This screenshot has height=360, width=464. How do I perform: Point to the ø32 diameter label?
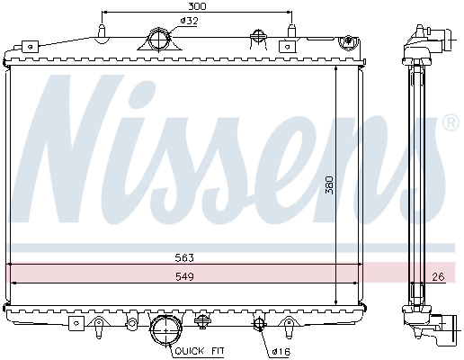190,20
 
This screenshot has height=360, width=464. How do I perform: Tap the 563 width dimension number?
185,256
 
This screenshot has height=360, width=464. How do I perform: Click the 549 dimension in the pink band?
185,276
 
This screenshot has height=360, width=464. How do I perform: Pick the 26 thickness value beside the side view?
439,276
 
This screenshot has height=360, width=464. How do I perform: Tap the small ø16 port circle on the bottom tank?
259,324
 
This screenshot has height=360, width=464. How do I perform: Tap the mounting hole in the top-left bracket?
30,45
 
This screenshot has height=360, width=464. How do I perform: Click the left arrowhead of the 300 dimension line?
104,13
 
